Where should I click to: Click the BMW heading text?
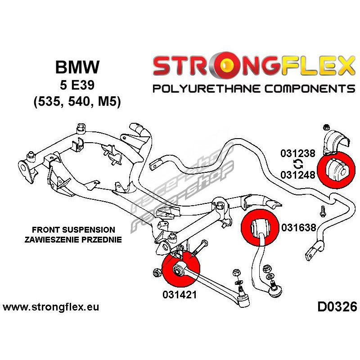(x=77, y=67)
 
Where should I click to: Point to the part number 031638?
(x=299, y=228)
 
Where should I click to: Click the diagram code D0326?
(x=337, y=308)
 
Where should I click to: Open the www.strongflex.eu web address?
(x=51, y=308)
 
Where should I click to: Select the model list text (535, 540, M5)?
(x=77, y=102)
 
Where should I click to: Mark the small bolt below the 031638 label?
(x=322, y=209)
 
